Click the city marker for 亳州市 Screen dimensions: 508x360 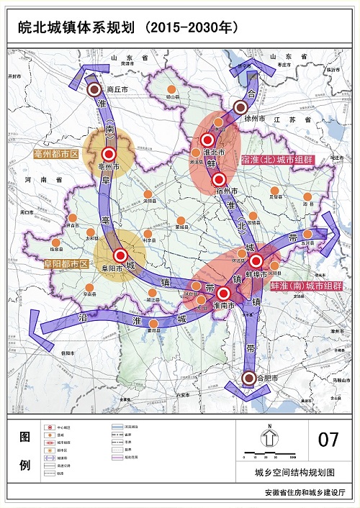click(109, 153)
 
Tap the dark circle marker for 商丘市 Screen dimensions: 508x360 click(94, 89)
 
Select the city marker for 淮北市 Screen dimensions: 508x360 click(208, 140)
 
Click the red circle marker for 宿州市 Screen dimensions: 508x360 click(220, 179)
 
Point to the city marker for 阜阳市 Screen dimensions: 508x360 click(120, 255)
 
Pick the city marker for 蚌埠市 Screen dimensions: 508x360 click(256, 261)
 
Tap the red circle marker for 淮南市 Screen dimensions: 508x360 click(223, 293)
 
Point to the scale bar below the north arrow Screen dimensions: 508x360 click(269, 455)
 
